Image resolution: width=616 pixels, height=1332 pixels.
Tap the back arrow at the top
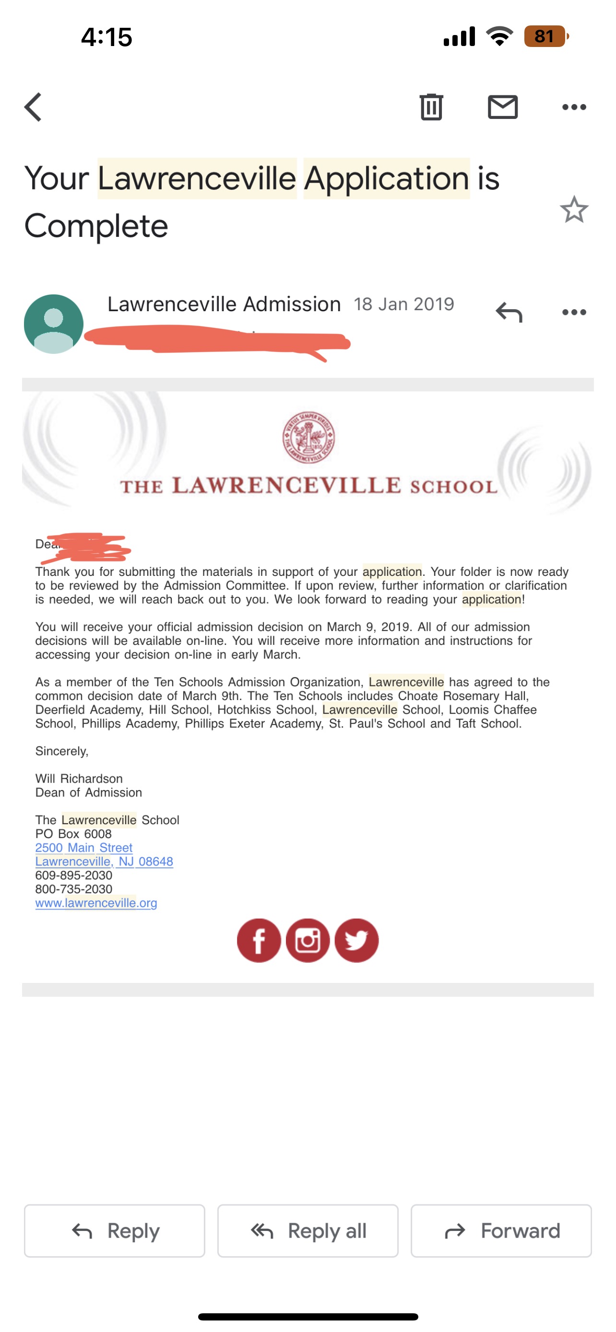pos(33,107)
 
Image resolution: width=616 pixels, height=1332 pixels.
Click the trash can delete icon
pos(431,107)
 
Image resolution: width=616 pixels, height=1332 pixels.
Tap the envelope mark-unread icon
pos(502,107)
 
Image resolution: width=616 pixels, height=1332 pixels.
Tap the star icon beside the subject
pos(574,210)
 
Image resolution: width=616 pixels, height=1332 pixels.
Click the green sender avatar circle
pos(54,324)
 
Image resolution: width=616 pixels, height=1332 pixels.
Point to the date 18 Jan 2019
pos(403,304)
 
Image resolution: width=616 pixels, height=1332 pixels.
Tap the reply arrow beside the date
pos(509,312)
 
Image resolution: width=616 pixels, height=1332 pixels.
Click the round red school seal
pos(308,437)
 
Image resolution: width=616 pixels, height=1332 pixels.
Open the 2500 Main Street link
pos(84,848)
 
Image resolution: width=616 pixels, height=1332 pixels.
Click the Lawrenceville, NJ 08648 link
pos(104,862)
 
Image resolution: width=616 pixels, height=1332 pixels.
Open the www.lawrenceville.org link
pos(96,903)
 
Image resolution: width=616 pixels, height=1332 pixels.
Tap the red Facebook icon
pos(259,941)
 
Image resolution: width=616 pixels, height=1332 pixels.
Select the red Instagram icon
pos(308,941)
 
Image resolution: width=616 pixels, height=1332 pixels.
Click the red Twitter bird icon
pos(356,941)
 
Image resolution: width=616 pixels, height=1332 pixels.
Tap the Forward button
pos(501,1231)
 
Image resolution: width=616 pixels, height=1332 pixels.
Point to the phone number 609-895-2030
pos(73,876)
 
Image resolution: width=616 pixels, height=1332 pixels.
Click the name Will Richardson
pos(79,779)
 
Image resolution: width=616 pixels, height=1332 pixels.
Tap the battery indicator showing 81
pos(545,36)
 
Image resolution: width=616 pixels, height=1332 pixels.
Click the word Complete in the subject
pos(96,226)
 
